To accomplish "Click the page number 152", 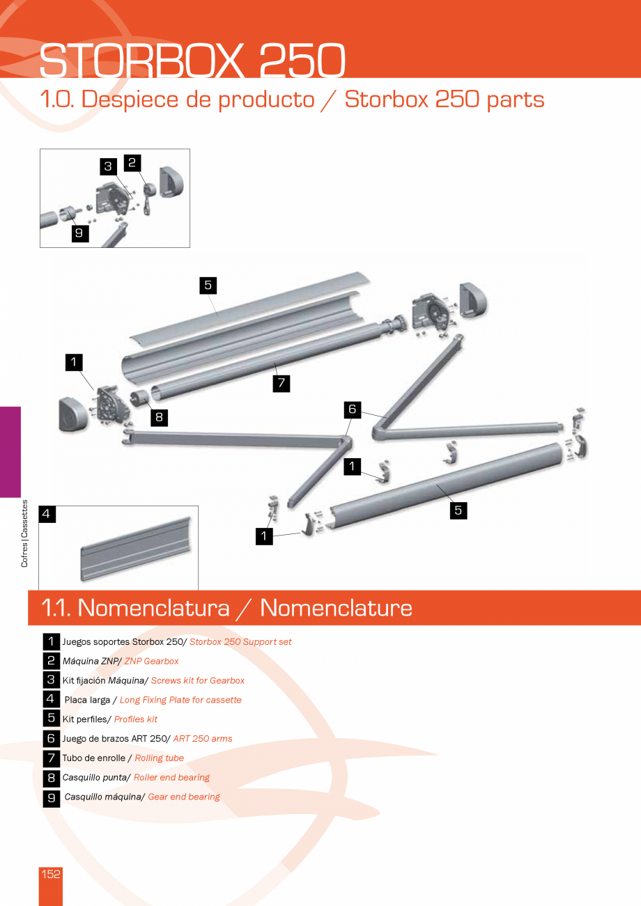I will pyautogui.click(x=51, y=874).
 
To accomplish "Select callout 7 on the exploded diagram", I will pyautogui.click(x=281, y=383).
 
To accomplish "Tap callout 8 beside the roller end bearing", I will pyautogui.click(x=159, y=417).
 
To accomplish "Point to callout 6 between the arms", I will pyautogui.click(x=353, y=409).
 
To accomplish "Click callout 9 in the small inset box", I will pyautogui.click(x=79, y=233).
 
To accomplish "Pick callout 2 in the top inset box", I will pyautogui.click(x=132, y=163).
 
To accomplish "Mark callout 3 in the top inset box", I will pyautogui.click(x=108, y=166).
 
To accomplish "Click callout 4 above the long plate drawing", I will pyautogui.click(x=47, y=514).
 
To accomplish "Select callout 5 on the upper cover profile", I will pyautogui.click(x=208, y=284).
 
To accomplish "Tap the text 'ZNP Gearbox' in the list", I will pyautogui.click(x=151, y=661).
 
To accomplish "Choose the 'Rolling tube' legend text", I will pyautogui.click(x=160, y=758).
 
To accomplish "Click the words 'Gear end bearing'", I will pyautogui.click(x=184, y=797).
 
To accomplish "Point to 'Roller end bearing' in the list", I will pyautogui.click(x=171, y=777).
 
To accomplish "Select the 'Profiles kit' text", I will pyautogui.click(x=136, y=719).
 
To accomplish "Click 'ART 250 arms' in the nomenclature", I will pyautogui.click(x=203, y=738).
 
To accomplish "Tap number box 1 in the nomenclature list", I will pyautogui.click(x=51, y=641).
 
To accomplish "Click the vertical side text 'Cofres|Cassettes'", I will pyautogui.click(x=25, y=533).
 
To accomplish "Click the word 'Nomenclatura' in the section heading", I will pyautogui.click(x=153, y=608).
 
